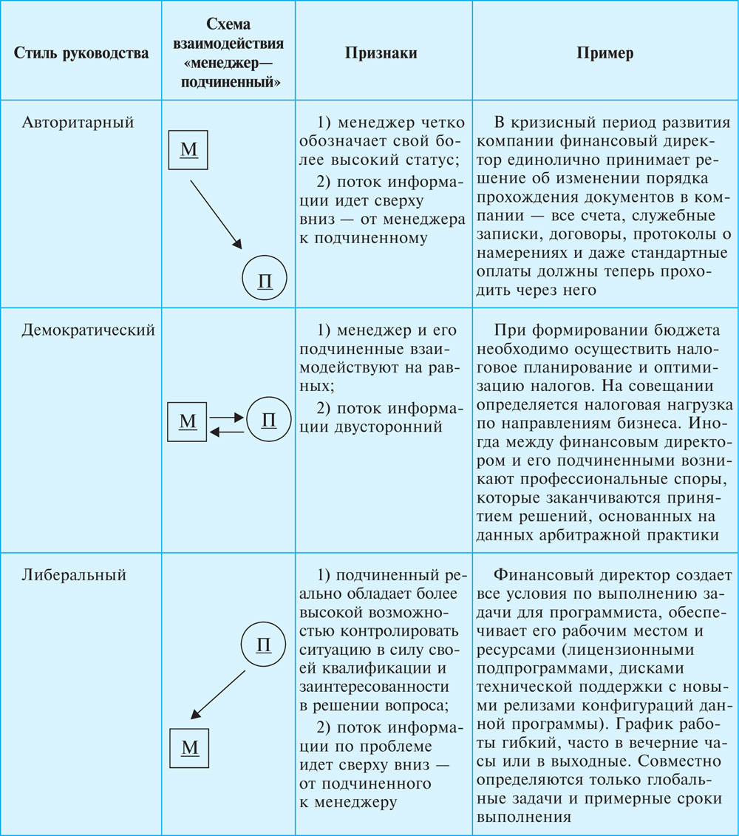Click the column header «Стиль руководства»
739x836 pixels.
point(81,54)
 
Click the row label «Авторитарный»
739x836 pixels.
point(78,123)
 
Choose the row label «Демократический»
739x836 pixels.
point(88,330)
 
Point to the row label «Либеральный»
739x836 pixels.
point(74,574)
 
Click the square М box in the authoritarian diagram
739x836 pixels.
point(189,150)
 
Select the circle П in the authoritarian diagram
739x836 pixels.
point(263,281)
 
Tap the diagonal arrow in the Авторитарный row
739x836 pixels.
point(216,213)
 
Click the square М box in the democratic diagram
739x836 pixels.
point(188,422)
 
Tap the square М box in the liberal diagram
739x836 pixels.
point(190,747)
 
